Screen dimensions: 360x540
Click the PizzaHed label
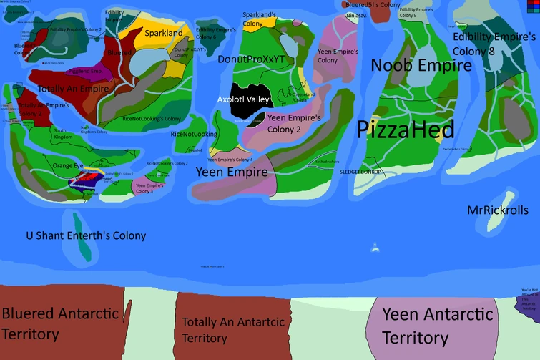click(x=406, y=130)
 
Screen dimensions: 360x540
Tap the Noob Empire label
click(x=421, y=66)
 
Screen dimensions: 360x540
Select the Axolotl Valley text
click(x=243, y=99)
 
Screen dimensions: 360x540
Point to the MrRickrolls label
click(x=498, y=210)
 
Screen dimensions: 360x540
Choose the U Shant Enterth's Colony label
click(x=86, y=235)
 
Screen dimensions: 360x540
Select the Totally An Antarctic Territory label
click(x=233, y=329)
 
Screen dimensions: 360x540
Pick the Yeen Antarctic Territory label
click(x=437, y=325)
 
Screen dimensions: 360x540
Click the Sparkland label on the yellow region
click(x=163, y=34)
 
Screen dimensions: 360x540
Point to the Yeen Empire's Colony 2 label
click(x=294, y=123)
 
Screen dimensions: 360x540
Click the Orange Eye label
click(x=68, y=166)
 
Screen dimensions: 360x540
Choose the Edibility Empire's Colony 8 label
click(x=494, y=43)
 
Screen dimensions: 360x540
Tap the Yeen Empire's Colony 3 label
click(x=149, y=188)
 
